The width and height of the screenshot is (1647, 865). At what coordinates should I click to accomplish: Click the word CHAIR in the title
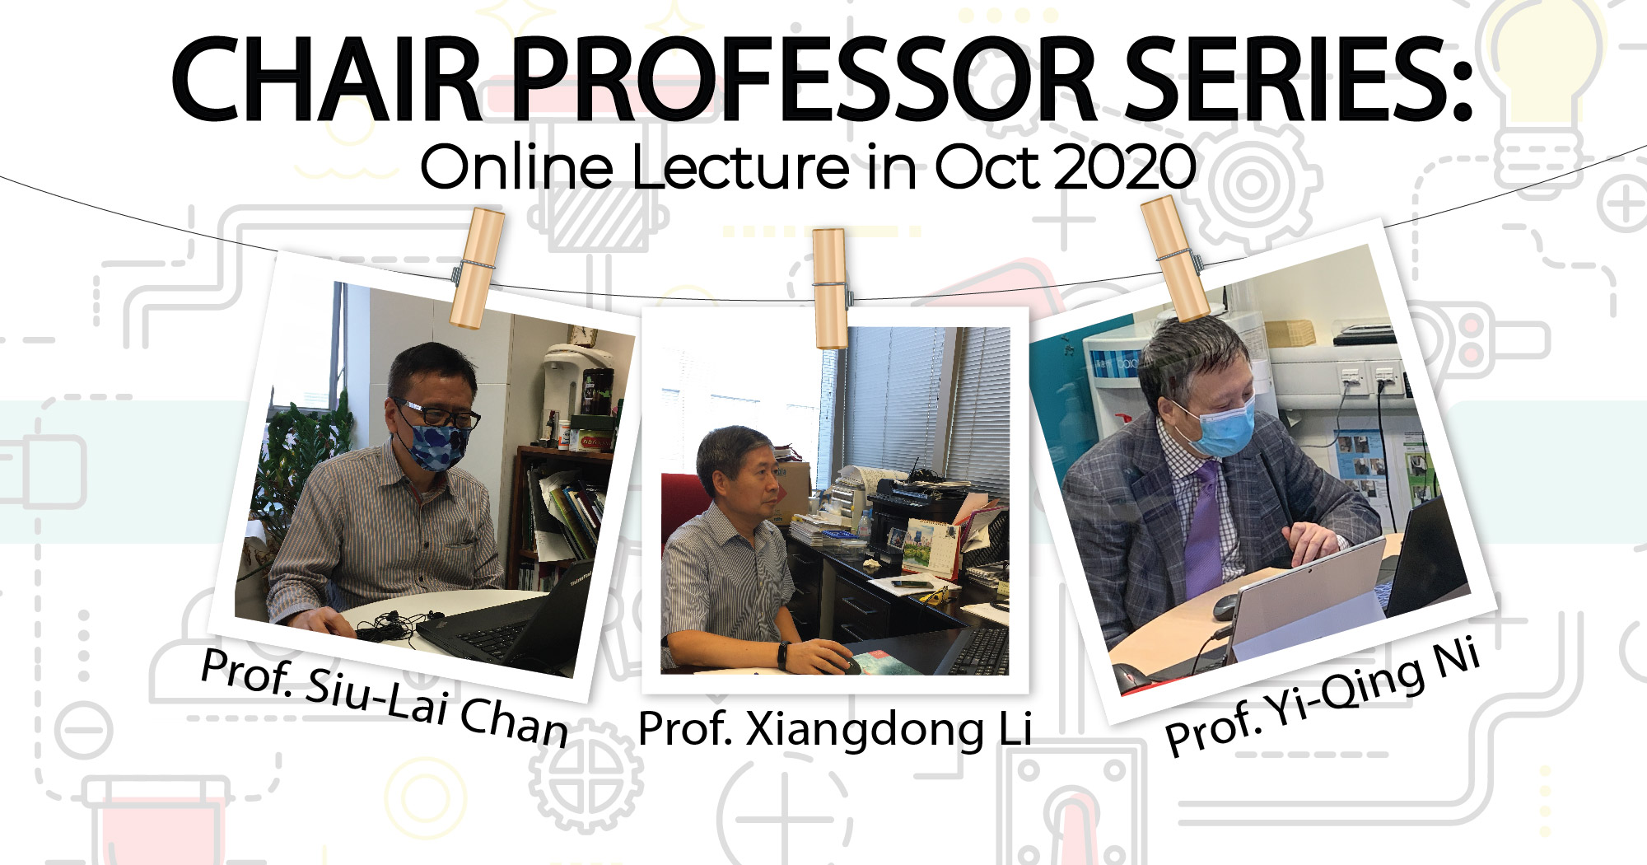[x=328, y=80]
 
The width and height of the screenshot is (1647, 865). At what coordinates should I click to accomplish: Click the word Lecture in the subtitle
[x=740, y=167]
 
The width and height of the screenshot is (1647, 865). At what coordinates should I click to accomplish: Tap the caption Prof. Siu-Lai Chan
[x=385, y=697]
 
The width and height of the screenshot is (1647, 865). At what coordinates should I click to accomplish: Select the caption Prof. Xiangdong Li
[x=835, y=730]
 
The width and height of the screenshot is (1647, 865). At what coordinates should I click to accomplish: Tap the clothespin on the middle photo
[x=831, y=288]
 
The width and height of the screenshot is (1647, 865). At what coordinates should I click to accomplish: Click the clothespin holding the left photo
[x=476, y=268]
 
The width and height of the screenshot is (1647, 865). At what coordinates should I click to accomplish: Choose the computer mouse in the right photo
[x=1226, y=607]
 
